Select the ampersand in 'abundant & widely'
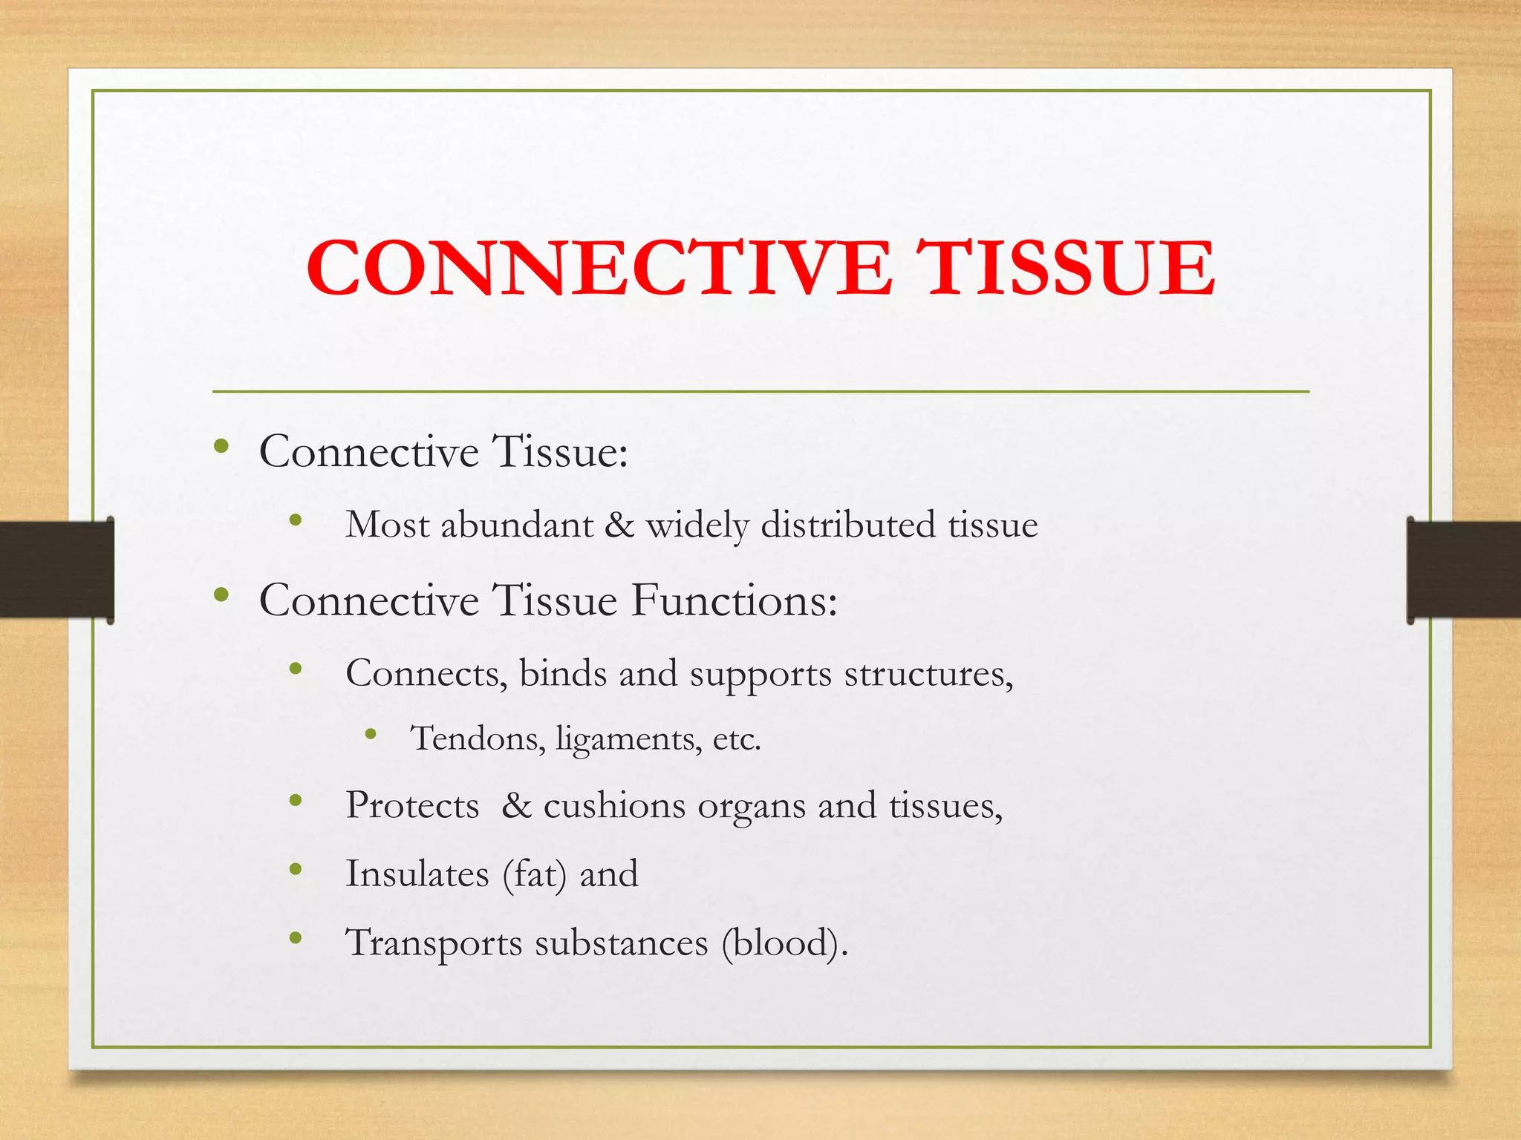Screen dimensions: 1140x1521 point(619,525)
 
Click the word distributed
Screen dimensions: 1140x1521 point(848,525)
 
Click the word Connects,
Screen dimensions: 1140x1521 point(426,674)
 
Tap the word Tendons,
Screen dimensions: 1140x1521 point(478,738)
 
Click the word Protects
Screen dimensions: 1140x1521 point(412,805)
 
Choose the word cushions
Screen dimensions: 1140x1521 point(614,805)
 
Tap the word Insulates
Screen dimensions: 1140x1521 point(417,874)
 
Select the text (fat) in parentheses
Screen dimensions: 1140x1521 point(535,874)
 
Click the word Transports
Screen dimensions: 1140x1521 point(434,943)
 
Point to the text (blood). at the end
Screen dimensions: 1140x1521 point(784,943)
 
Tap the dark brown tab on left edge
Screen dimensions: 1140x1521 point(56,569)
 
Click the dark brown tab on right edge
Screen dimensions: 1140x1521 point(1463,569)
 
